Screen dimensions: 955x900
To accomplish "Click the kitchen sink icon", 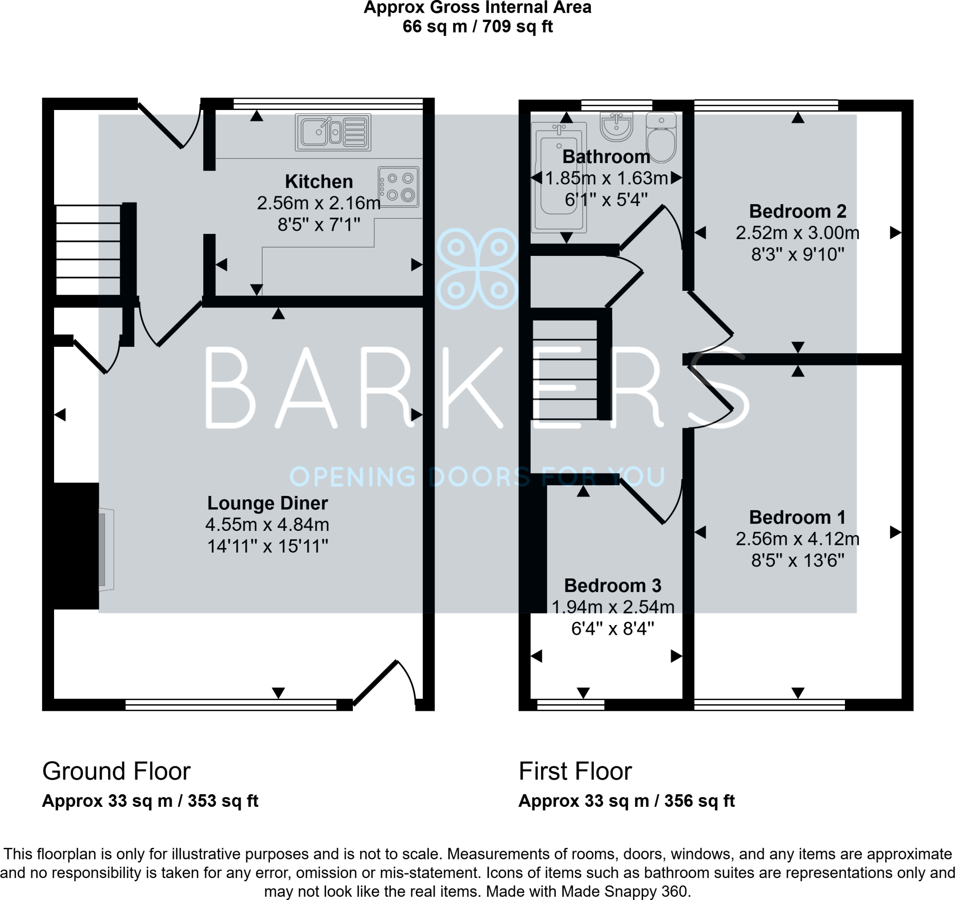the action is pos(333,132).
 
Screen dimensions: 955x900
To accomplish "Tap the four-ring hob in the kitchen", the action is pos(398,187).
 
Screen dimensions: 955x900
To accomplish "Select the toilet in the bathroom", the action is pos(661,137).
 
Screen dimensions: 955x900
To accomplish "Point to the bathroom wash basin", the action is pos(616,127).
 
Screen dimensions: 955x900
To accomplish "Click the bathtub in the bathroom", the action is pos(559,177).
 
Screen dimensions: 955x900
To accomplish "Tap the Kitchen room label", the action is pos(319,181).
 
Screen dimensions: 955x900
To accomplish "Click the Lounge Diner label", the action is pos(268,503).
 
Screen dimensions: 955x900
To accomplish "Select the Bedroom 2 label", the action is pos(797,211).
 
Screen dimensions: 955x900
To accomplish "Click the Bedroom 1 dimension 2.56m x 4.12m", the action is pos(797,539).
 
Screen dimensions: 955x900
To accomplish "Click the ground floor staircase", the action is pos(89,250).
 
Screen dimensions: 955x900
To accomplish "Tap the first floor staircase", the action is pos(565,369).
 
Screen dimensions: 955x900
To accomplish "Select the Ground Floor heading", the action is pos(116,771).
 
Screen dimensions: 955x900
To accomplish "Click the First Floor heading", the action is pos(575,771).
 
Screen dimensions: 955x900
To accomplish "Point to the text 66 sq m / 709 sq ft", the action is pos(477,26).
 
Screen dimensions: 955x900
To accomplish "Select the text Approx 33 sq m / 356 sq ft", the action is pos(626,801).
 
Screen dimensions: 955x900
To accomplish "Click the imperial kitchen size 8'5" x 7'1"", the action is pos(319,224).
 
